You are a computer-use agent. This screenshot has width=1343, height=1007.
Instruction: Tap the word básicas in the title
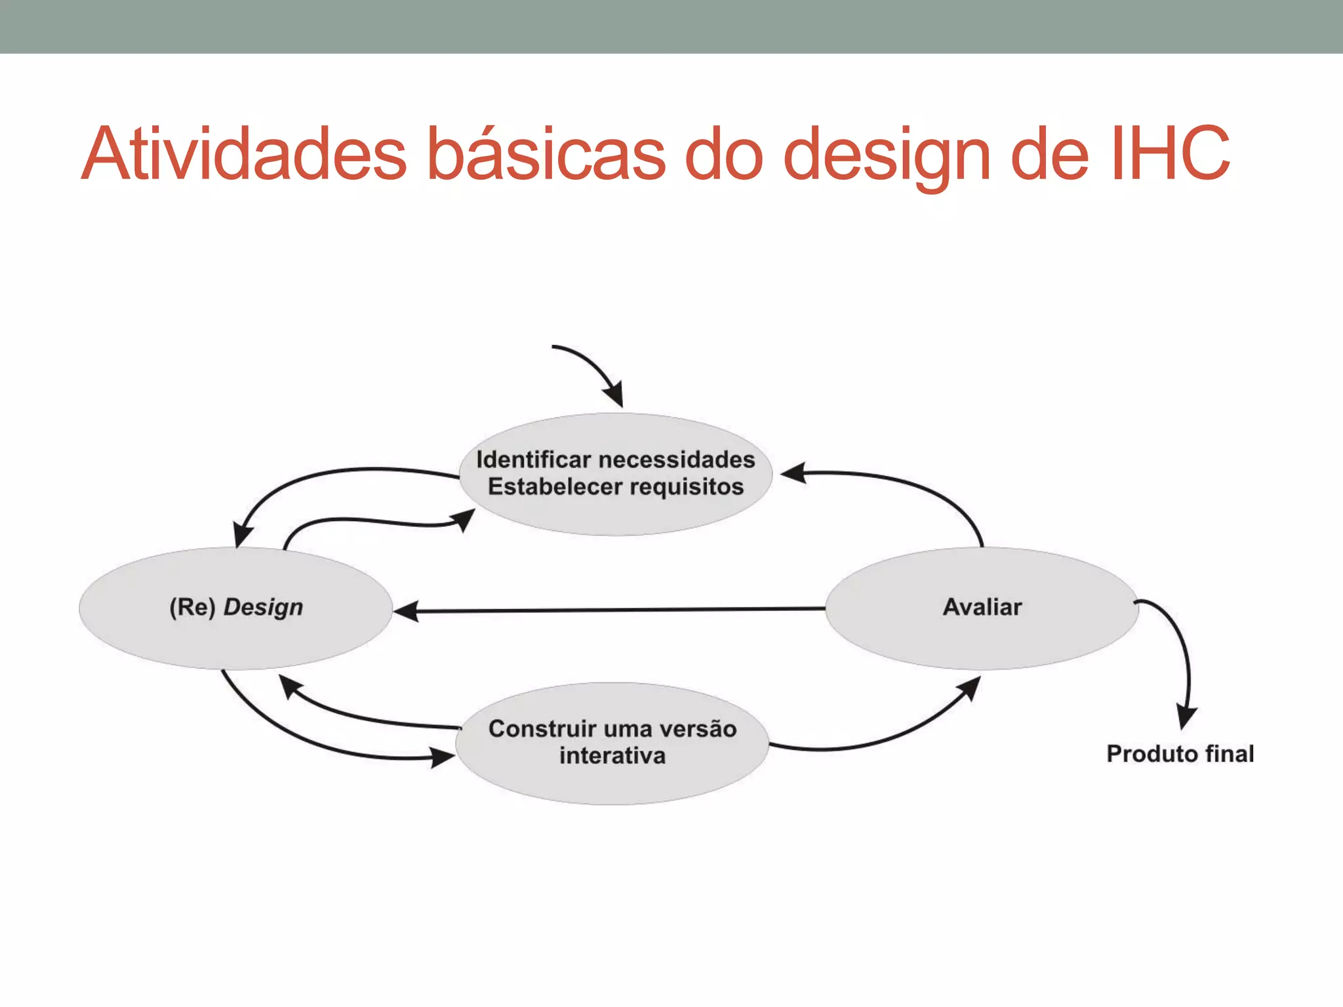tap(547, 154)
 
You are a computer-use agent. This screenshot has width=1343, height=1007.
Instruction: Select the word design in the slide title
tap(887, 154)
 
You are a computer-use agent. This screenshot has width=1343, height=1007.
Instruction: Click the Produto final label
tap(1180, 754)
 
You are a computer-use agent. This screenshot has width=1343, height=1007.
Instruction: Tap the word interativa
tap(612, 756)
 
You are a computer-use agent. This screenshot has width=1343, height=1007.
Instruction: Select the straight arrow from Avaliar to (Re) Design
tap(610, 610)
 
